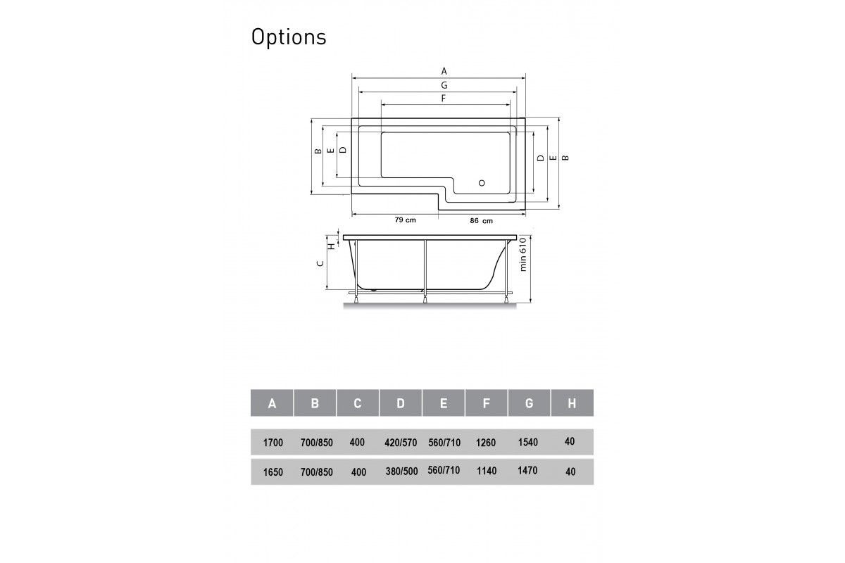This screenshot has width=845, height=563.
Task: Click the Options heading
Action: (x=289, y=38)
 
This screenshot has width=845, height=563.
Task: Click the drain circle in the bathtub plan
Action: (x=482, y=183)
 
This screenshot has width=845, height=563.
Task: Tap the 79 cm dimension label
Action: (x=405, y=220)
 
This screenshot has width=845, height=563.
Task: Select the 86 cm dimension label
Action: (x=482, y=221)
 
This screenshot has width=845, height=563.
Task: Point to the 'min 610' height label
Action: (x=522, y=254)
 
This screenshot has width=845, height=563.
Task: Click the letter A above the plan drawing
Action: (x=444, y=71)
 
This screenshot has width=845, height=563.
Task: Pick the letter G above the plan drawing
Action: (x=444, y=85)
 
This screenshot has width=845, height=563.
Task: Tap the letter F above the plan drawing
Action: (x=444, y=99)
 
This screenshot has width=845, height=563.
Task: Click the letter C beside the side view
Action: (x=320, y=263)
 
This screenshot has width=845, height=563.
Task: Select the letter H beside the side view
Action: (x=331, y=246)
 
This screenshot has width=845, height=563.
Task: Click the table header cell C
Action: (x=358, y=403)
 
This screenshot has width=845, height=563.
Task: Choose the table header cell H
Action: (x=572, y=403)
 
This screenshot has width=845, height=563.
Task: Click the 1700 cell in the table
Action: (x=273, y=443)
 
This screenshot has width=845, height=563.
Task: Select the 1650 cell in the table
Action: (x=273, y=472)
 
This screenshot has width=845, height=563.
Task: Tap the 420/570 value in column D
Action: (x=401, y=443)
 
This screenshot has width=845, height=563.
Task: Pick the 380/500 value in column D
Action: (x=401, y=472)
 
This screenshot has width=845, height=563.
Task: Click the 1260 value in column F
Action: (x=486, y=443)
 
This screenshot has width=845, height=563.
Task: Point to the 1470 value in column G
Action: (x=527, y=470)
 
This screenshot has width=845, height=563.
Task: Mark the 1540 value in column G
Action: (x=527, y=442)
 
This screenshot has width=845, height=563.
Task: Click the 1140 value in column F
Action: (x=487, y=471)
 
